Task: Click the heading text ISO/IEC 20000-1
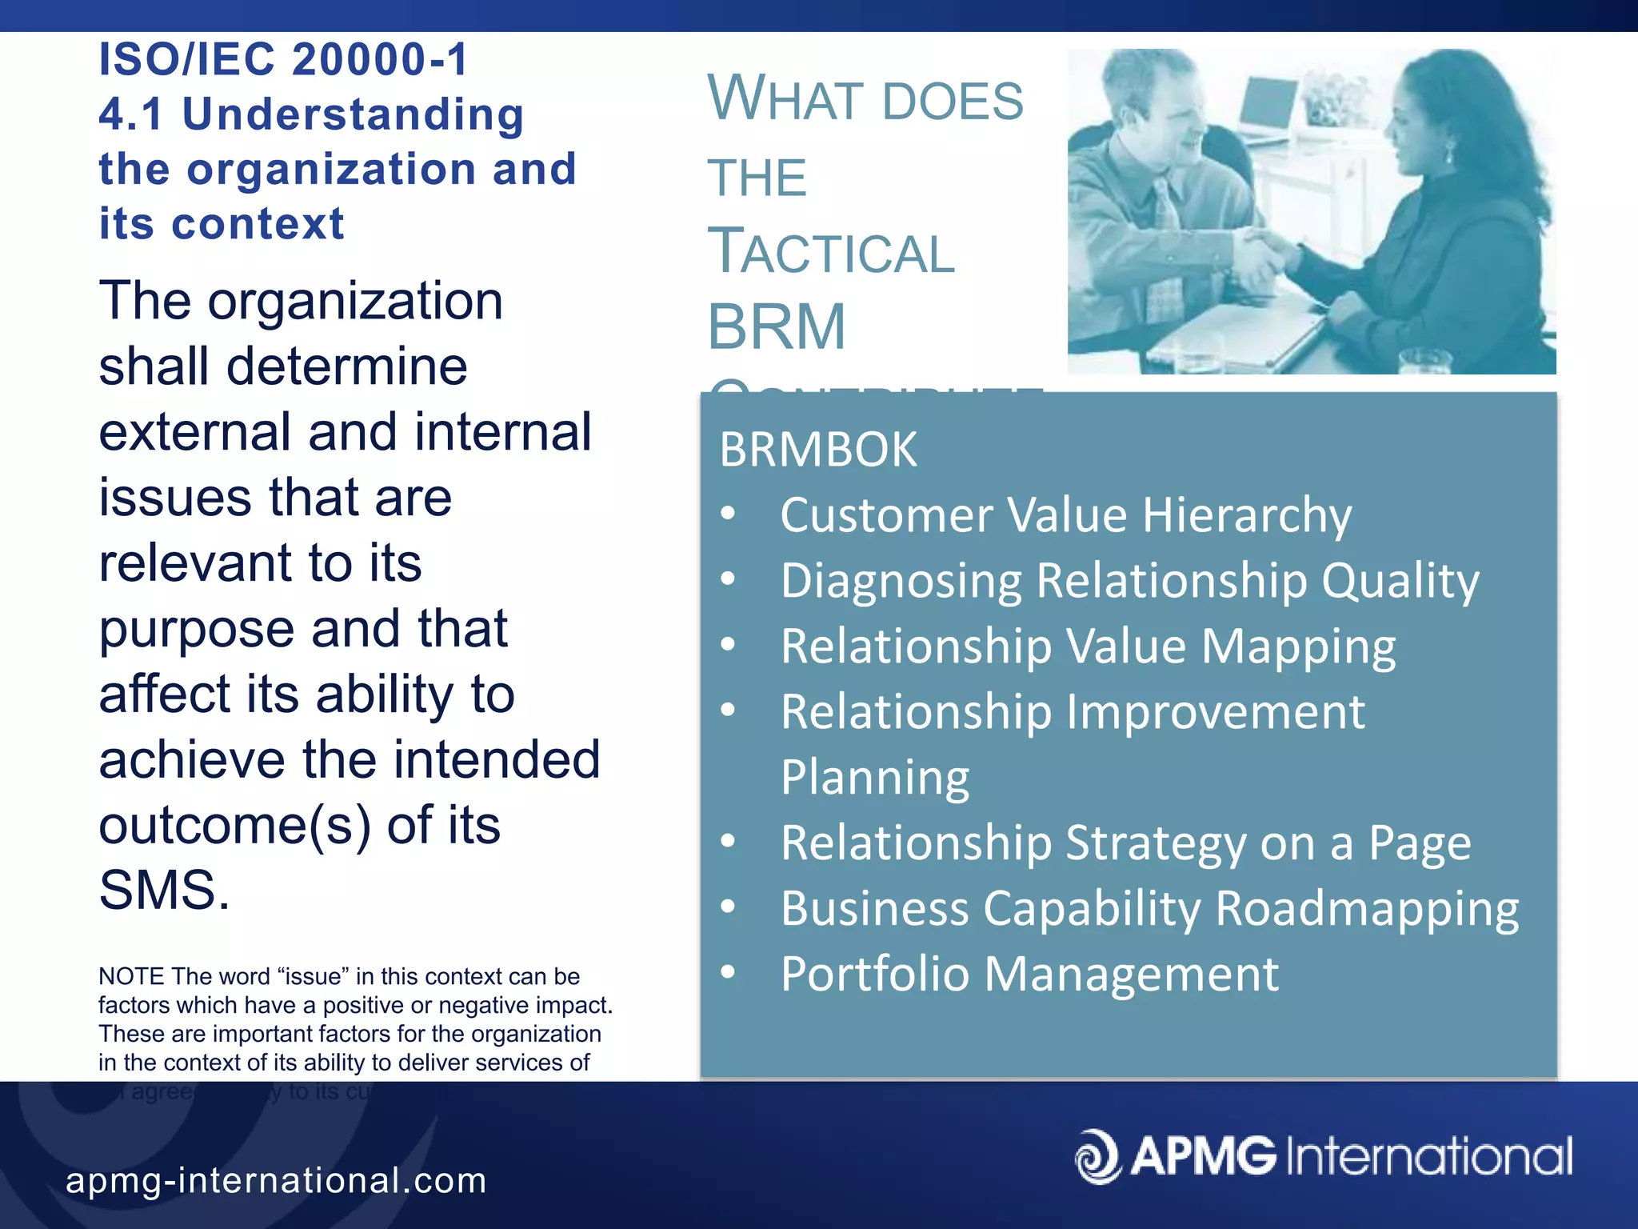[283, 60]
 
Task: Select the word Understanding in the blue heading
[353, 114]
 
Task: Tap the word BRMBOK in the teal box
[817, 450]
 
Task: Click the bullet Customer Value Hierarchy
[1065, 514]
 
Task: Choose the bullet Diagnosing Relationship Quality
[1129, 580]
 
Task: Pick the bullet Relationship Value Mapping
[1088, 647]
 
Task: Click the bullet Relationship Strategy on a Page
[1125, 843]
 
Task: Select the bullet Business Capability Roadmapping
[1149, 909]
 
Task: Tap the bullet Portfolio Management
[1029, 975]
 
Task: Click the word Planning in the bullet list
[875, 778]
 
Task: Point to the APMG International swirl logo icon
[1097, 1156]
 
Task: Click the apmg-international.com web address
[276, 1181]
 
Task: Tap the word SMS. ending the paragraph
[164, 891]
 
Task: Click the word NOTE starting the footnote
[131, 977]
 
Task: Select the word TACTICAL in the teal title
[830, 252]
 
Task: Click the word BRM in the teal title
[776, 327]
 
